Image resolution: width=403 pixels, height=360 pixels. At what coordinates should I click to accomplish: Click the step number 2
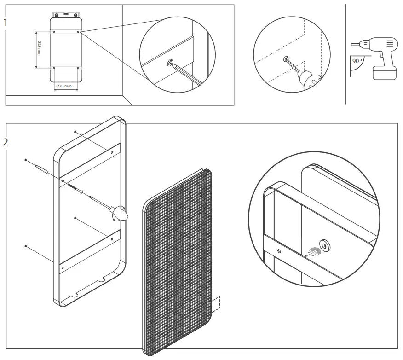click(6, 142)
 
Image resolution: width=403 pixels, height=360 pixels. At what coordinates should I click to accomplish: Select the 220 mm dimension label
click(64, 86)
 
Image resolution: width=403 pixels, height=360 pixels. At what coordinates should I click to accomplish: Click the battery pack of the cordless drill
click(384, 73)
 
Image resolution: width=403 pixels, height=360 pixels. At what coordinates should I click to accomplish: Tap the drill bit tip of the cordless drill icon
click(352, 44)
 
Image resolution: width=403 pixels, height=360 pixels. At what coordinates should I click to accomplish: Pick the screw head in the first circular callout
click(171, 63)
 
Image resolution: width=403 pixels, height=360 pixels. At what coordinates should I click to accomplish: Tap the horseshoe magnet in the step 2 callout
click(313, 251)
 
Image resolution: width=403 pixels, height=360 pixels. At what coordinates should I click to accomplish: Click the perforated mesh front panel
click(178, 258)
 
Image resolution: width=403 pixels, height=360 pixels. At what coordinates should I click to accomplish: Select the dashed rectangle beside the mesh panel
click(216, 303)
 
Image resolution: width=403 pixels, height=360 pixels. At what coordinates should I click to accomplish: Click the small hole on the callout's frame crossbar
click(279, 251)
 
